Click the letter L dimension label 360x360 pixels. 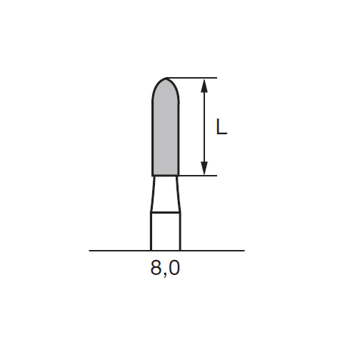pyautogui.click(x=222, y=127)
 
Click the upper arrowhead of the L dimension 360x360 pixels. pyautogui.click(x=205, y=84)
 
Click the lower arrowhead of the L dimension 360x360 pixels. pyautogui.click(x=205, y=169)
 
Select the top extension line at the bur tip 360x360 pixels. pyautogui.click(x=193, y=77)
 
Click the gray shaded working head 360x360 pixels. pyautogui.click(x=166, y=132)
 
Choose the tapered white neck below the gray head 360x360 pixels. pyautogui.click(x=166, y=193)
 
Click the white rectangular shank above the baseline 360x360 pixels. pyautogui.click(x=166, y=231)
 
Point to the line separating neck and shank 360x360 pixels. pyautogui.click(x=166, y=212)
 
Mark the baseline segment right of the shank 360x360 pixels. pyautogui.click(x=211, y=251)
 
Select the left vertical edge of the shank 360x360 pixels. pyautogui.click(x=151, y=231)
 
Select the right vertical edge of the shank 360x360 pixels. pyautogui.click(x=179, y=231)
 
